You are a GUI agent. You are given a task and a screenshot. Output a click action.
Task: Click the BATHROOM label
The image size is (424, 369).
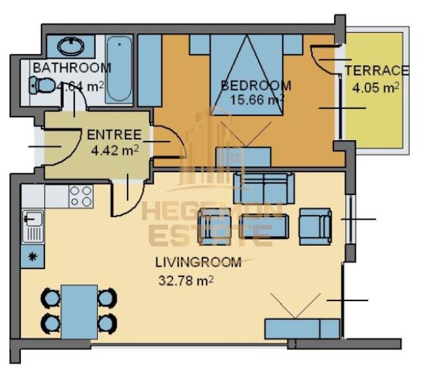(72, 68)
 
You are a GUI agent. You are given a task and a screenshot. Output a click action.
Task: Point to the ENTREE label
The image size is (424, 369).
(114, 136)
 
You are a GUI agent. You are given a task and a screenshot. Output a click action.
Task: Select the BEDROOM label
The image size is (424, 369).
(255, 85)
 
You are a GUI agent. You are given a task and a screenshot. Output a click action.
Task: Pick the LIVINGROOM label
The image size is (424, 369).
(198, 263)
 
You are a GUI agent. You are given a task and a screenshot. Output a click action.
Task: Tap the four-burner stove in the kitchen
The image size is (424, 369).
(81, 196)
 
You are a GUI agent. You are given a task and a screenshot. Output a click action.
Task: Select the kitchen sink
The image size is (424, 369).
(31, 226)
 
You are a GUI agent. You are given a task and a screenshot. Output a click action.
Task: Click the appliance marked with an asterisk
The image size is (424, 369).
(31, 256)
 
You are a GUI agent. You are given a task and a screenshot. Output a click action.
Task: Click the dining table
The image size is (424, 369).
(79, 310)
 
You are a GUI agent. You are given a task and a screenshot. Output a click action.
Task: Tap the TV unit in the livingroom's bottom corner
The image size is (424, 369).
(302, 328)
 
